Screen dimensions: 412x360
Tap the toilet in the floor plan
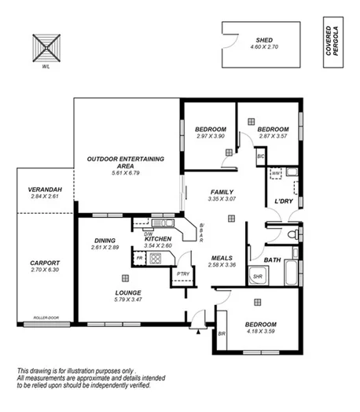(292, 234)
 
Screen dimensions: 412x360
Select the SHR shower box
(256, 276)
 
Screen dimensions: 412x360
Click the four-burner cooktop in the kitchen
(156, 259)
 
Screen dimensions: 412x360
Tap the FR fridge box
(140, 258)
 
